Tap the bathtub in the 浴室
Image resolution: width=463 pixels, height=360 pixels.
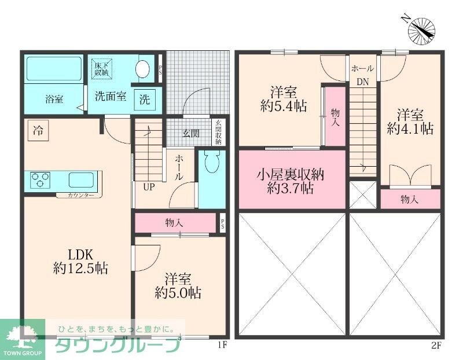coord(54,69)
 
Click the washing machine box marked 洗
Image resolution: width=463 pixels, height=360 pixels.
coord(144,99)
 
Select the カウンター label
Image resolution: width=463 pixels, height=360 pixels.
coord(81,196)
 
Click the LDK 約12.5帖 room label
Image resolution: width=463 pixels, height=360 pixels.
coord(78,262)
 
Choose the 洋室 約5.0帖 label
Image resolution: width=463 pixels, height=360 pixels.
coord(178,285)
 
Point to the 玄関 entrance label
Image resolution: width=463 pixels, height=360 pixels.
coord(191,134)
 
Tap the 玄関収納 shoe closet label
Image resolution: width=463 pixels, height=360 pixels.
coord(218,132)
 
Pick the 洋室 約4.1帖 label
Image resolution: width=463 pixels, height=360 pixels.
coord(410,120)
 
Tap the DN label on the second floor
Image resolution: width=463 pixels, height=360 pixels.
coord(362,82)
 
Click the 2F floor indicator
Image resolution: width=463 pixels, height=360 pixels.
coord(436,346)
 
